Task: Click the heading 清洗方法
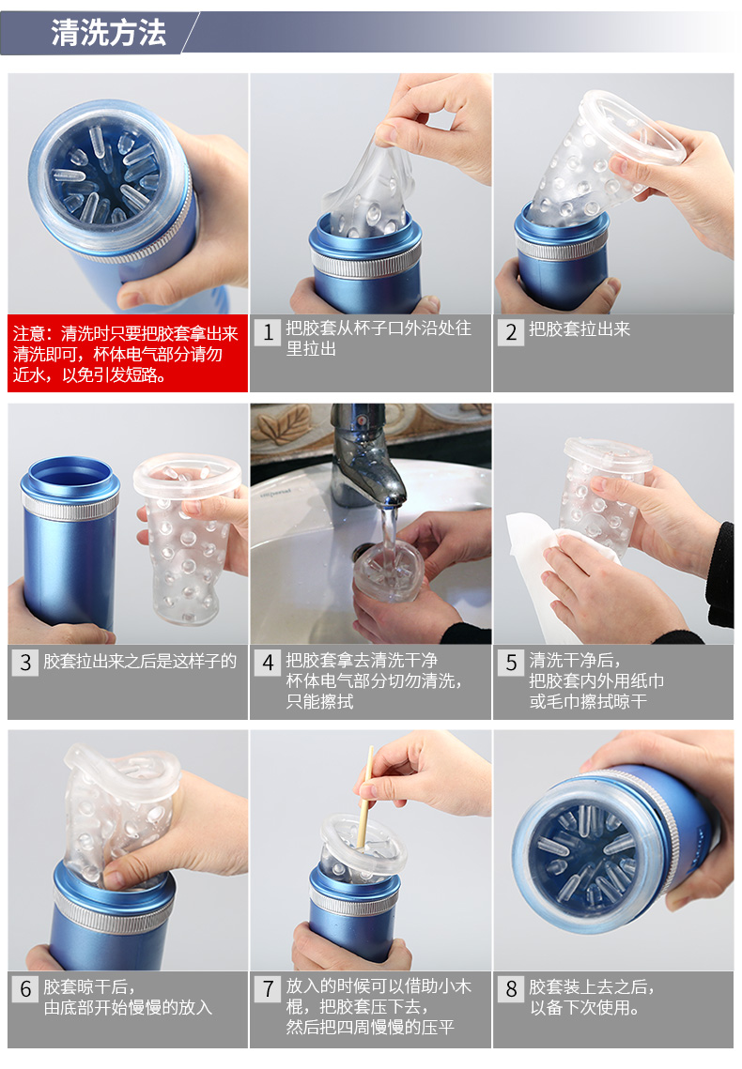tap(108, 32)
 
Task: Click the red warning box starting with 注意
tap(128, 353)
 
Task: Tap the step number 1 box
tap(268, 332)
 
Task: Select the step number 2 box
tap(511, 332)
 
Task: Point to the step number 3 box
tap(25, 663)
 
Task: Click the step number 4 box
tap(268, 663)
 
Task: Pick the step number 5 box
tap(511, 663)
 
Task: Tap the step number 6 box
tap(25, 988)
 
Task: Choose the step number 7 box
tap(268, 988)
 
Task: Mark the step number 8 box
tap(511, 988)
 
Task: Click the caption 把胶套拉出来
tap(580, 329)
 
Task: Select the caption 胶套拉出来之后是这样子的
tap(140, 661)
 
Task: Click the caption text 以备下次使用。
tap(586, 1007)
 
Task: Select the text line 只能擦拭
tap(320, 701)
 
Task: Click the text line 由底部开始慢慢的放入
tap(128, 1007)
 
